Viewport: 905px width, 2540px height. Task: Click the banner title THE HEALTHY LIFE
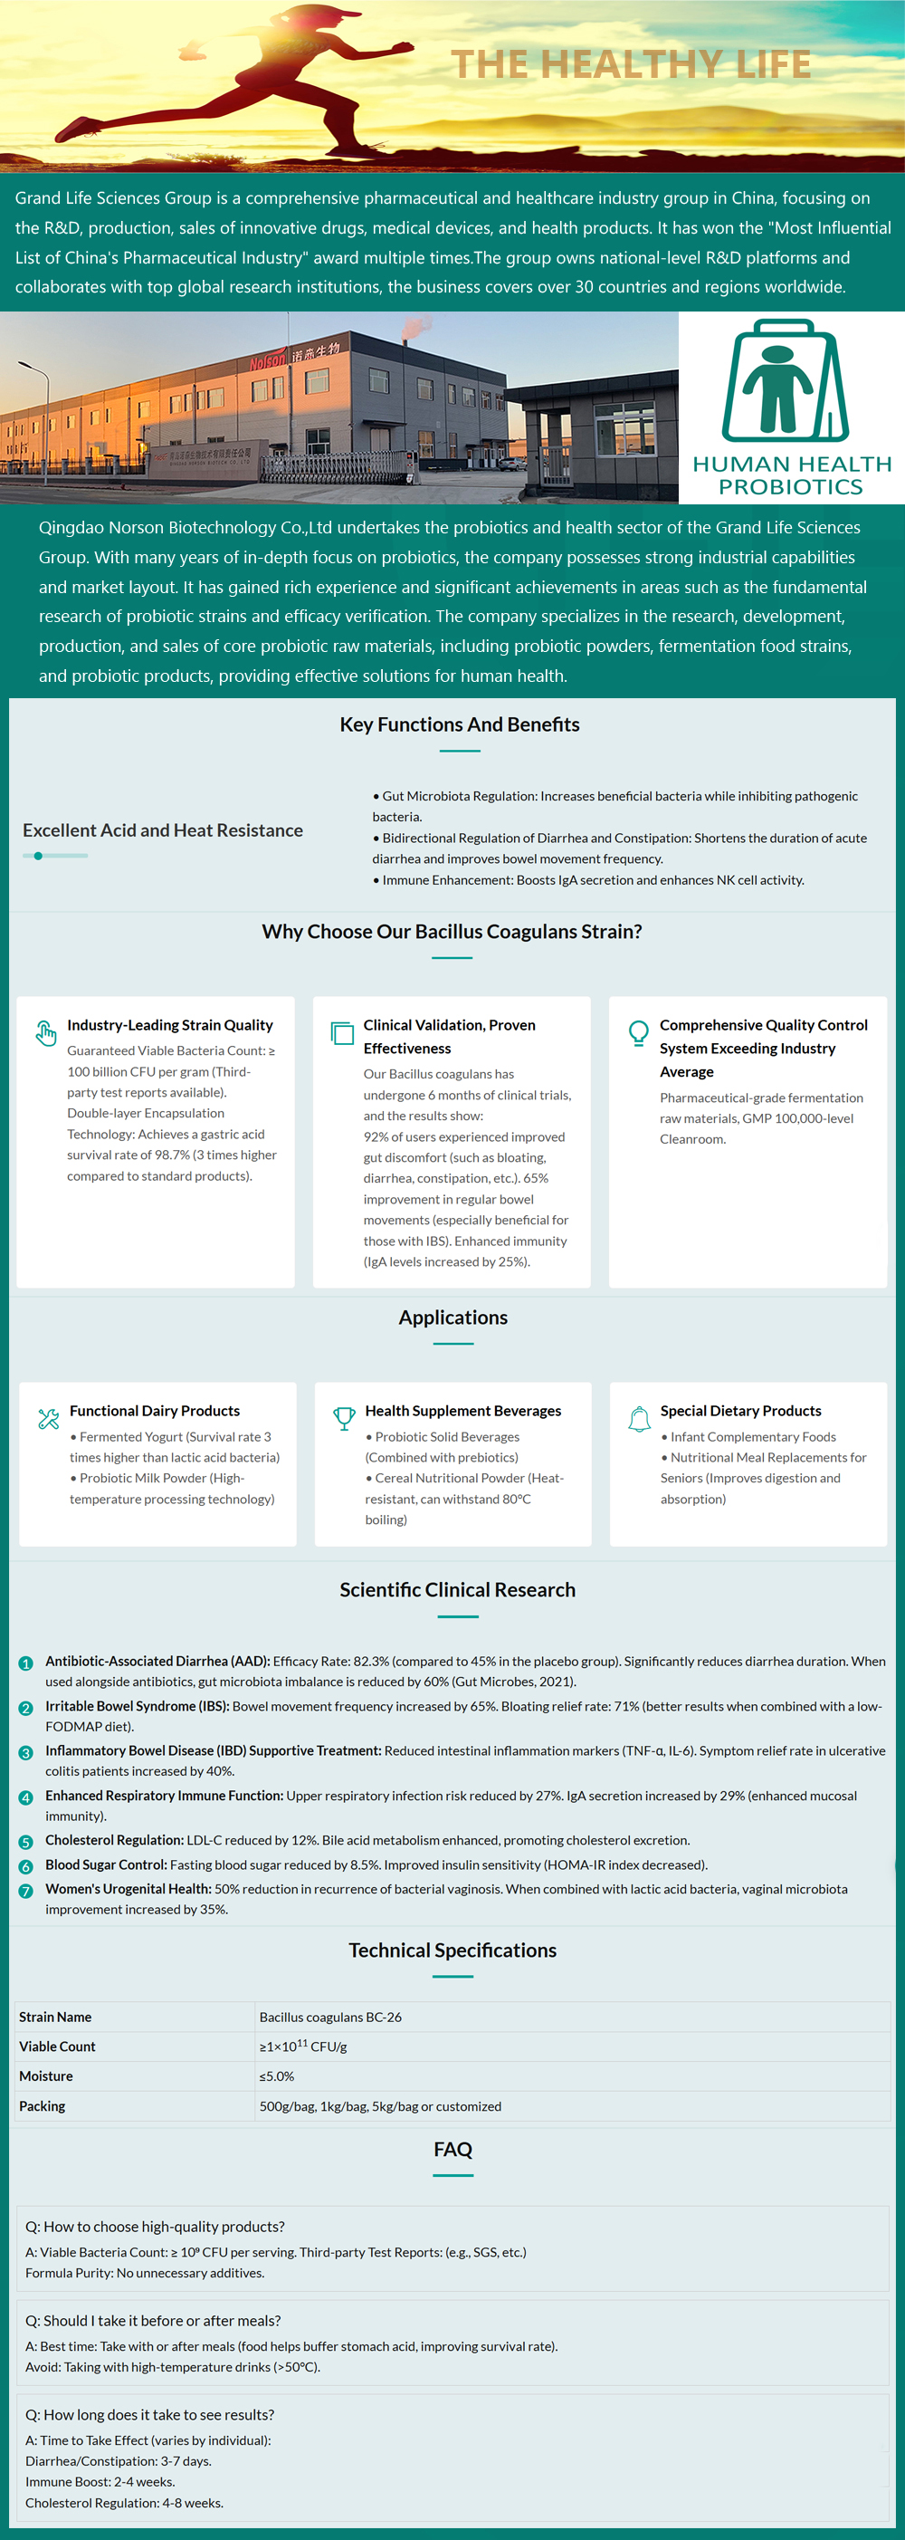[x=631, y=64]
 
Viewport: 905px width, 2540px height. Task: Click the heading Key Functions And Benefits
[x=460, y=724]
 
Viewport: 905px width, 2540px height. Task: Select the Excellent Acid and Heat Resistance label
[x=163, y=830]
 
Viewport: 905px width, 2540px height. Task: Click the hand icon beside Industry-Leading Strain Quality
[x=46, y=1032]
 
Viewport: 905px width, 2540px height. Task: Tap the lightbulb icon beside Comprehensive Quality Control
[x=639, y=1032]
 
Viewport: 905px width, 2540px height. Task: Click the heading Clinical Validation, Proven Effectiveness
[x=450, y=1036]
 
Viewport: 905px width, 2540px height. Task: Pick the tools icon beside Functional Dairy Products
[x=48, y=1419]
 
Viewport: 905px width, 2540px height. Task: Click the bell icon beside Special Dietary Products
[x=640, y=1419]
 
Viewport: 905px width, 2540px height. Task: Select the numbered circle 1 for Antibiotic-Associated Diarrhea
[x=25, y=1663]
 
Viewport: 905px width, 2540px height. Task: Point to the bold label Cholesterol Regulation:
[x=114, y=1840]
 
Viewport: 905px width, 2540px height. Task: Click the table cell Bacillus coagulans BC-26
[x=330, y=2017]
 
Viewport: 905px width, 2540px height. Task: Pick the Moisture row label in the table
[x=46, y=2075]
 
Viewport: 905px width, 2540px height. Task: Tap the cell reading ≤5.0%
[x=277, y=2075]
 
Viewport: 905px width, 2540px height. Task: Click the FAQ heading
[x=452, y=2150]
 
